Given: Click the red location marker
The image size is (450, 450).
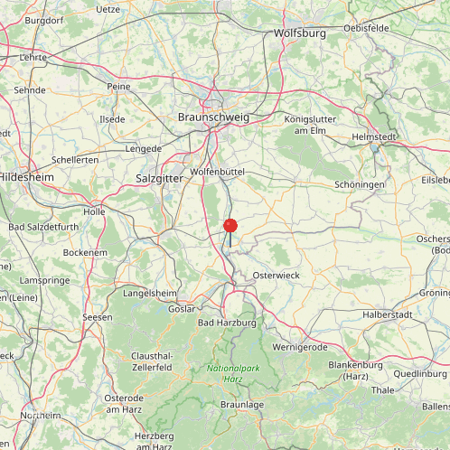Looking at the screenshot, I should click(230, 226).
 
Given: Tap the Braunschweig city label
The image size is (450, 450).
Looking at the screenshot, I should click(214, 117).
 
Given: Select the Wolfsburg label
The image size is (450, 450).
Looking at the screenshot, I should click(299, 33).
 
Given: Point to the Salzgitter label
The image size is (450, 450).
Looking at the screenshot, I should click(160, 179).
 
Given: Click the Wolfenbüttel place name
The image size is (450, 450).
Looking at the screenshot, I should click(219, 172).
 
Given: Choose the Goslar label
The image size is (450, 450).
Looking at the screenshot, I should click(182, 308).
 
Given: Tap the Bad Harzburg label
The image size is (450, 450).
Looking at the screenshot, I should click(228, 323).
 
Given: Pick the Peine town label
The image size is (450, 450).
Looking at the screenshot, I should click(118, 86).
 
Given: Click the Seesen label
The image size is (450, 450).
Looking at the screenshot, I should click(97, 317).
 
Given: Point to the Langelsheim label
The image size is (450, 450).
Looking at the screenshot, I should click(150, 294).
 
